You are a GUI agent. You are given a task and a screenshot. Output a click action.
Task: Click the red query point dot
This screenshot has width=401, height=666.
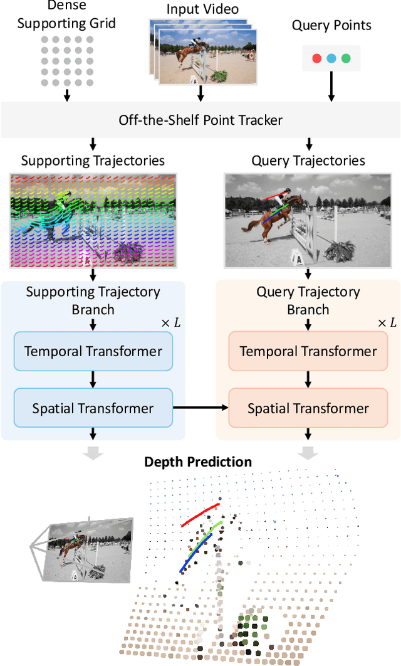317,58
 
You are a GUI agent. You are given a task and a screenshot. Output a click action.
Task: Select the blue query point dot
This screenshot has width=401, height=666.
331,58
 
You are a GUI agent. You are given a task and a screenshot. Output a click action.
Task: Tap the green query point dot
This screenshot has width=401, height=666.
346,58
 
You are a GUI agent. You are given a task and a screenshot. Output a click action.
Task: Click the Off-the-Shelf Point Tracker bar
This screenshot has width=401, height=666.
200,120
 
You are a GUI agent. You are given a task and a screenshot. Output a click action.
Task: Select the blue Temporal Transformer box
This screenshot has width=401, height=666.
93,351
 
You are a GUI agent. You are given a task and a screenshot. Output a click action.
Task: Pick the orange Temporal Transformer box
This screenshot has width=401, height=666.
308,351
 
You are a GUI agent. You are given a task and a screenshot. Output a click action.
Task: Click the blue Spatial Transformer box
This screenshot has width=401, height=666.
93,408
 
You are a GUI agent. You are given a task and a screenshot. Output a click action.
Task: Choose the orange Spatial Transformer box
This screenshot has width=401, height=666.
308,408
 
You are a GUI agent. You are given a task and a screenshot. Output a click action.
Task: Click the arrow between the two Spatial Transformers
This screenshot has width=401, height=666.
200,408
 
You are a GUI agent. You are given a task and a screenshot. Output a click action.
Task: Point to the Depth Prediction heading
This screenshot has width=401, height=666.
198,462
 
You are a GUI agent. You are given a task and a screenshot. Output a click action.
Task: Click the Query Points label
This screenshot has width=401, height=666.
331,26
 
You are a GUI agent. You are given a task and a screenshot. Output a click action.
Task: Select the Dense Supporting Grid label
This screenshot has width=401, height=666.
66,16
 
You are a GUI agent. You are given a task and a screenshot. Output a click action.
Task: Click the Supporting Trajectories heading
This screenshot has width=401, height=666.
93,160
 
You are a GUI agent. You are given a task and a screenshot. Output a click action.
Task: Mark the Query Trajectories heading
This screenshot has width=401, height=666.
308,160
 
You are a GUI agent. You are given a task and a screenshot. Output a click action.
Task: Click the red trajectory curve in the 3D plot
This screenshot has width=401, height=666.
200,514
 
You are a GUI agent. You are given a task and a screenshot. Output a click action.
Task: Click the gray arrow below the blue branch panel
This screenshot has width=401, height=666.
93,453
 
